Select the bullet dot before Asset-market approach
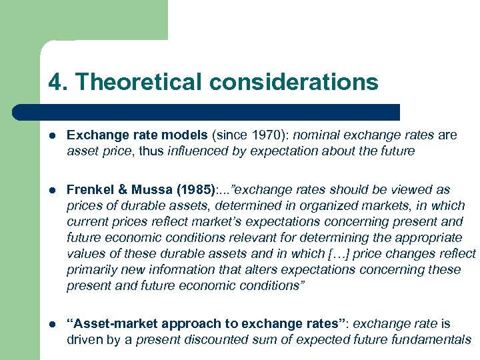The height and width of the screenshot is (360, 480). (x=52, y=324)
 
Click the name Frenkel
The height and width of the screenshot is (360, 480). (x=91, y=190)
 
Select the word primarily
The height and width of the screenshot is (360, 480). (x=92, y=270)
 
